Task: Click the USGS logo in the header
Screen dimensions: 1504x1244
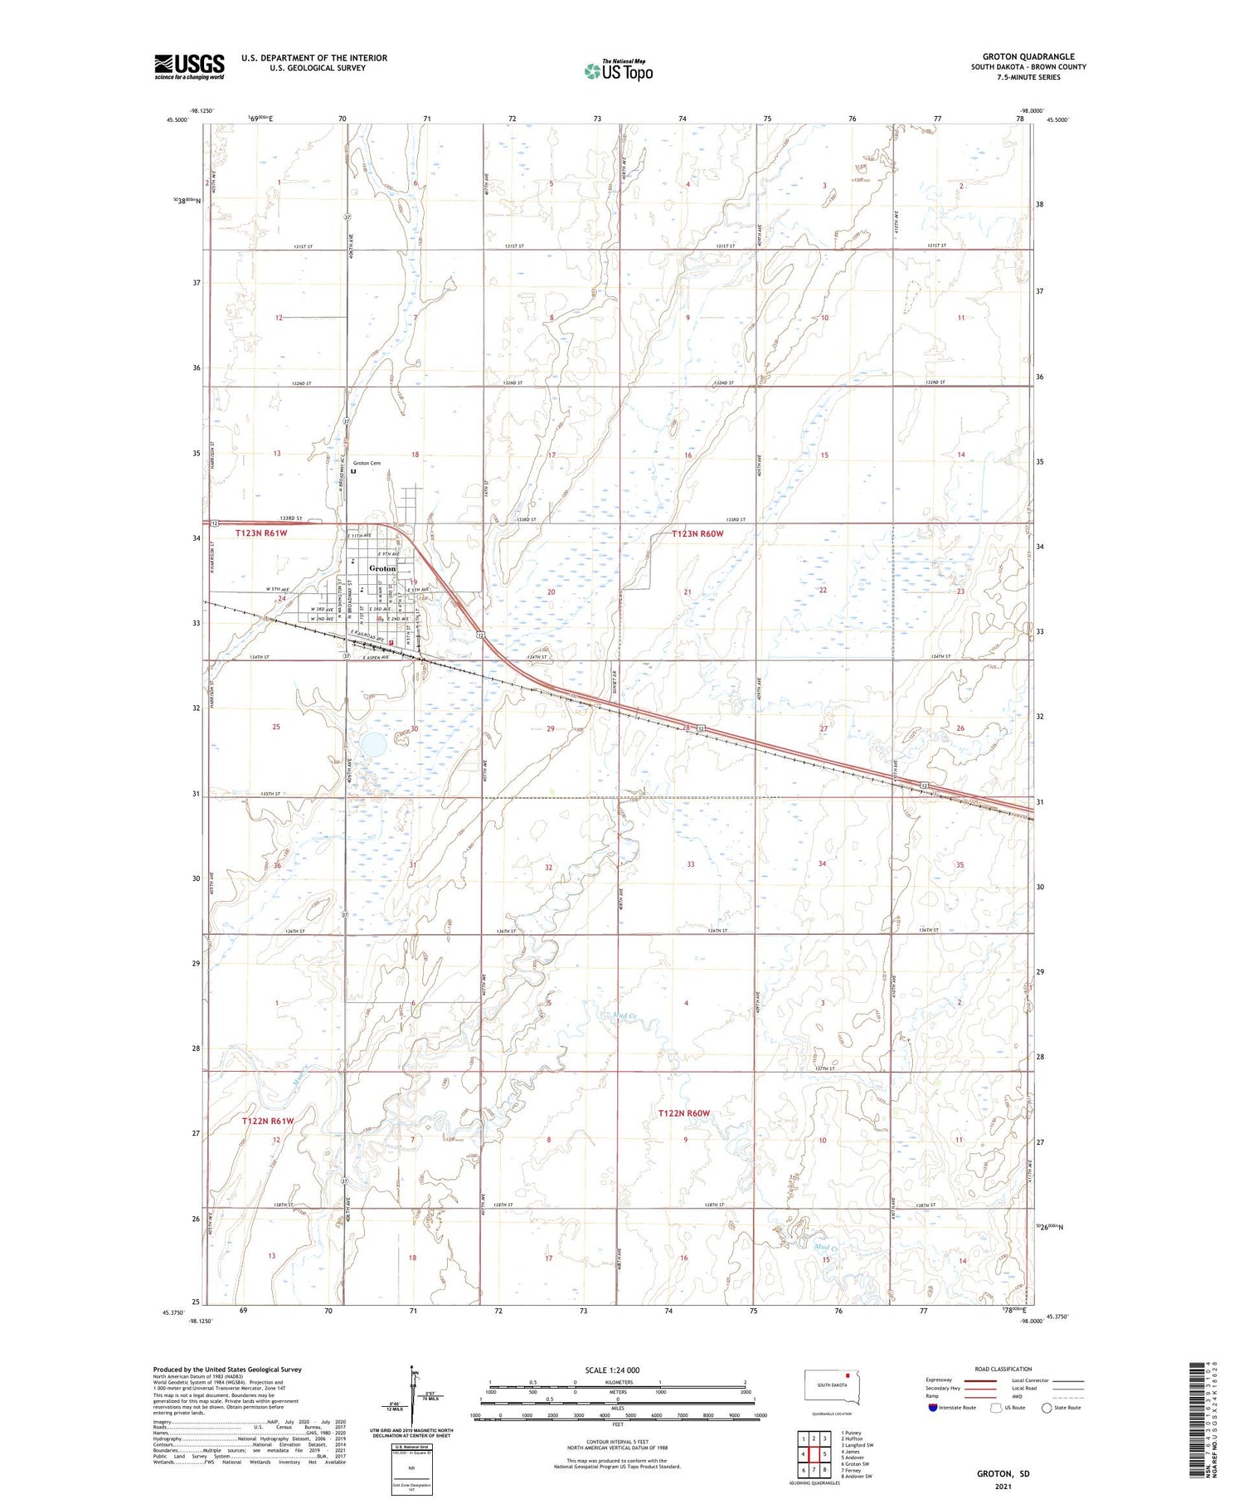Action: [189, 66]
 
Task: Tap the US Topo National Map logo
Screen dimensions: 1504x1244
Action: [618, 71]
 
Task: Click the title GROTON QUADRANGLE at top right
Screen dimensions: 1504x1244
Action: [1028, 56]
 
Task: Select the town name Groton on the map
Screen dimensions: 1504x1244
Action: [382, 568]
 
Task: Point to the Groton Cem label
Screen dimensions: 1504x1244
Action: [367, 463]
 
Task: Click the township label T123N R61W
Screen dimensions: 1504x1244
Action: [263, 533]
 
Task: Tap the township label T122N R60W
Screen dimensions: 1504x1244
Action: [684, 1112]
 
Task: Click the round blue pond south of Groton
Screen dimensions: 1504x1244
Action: [372, 743]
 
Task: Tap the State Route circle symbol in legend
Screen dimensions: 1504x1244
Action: [1047, 1407]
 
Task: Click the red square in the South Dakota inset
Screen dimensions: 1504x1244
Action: [848, 1374]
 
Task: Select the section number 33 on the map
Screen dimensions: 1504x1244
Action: [690, 864]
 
